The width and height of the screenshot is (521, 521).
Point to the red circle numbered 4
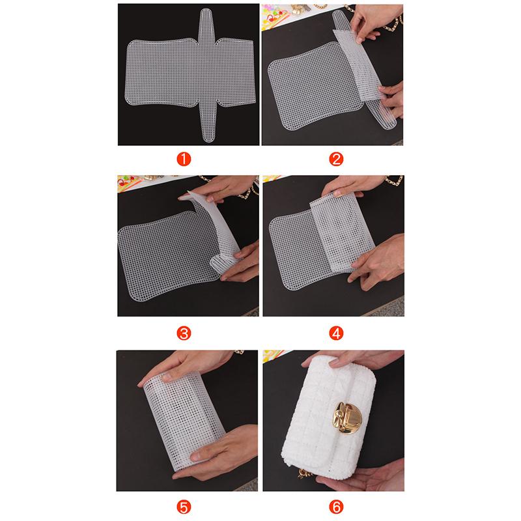[x=335, y=333]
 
